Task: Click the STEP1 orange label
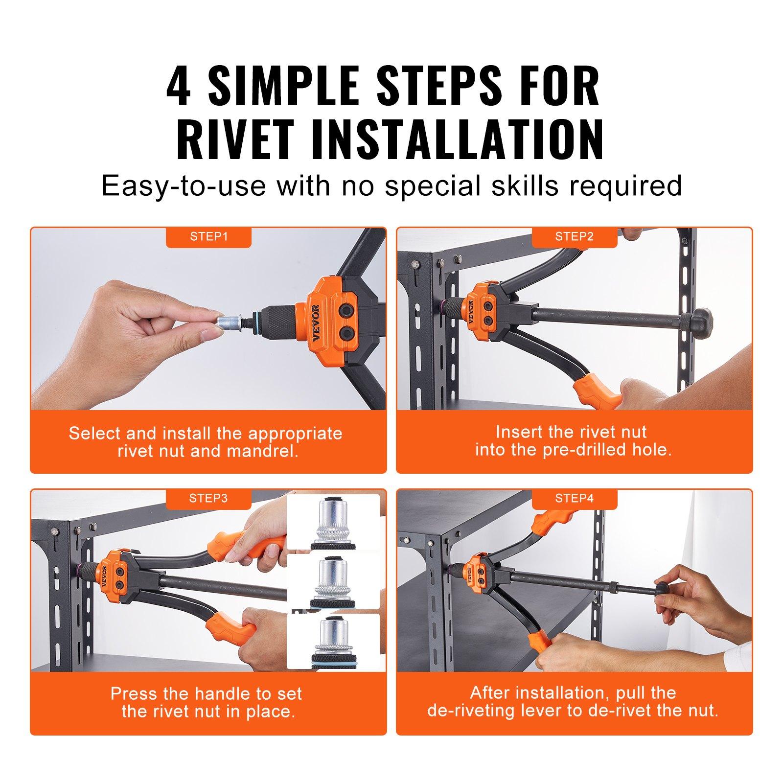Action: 209,237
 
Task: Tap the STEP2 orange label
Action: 574,237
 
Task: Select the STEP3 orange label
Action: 209,499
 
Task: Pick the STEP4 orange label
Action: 574,499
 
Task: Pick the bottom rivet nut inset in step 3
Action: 333,641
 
